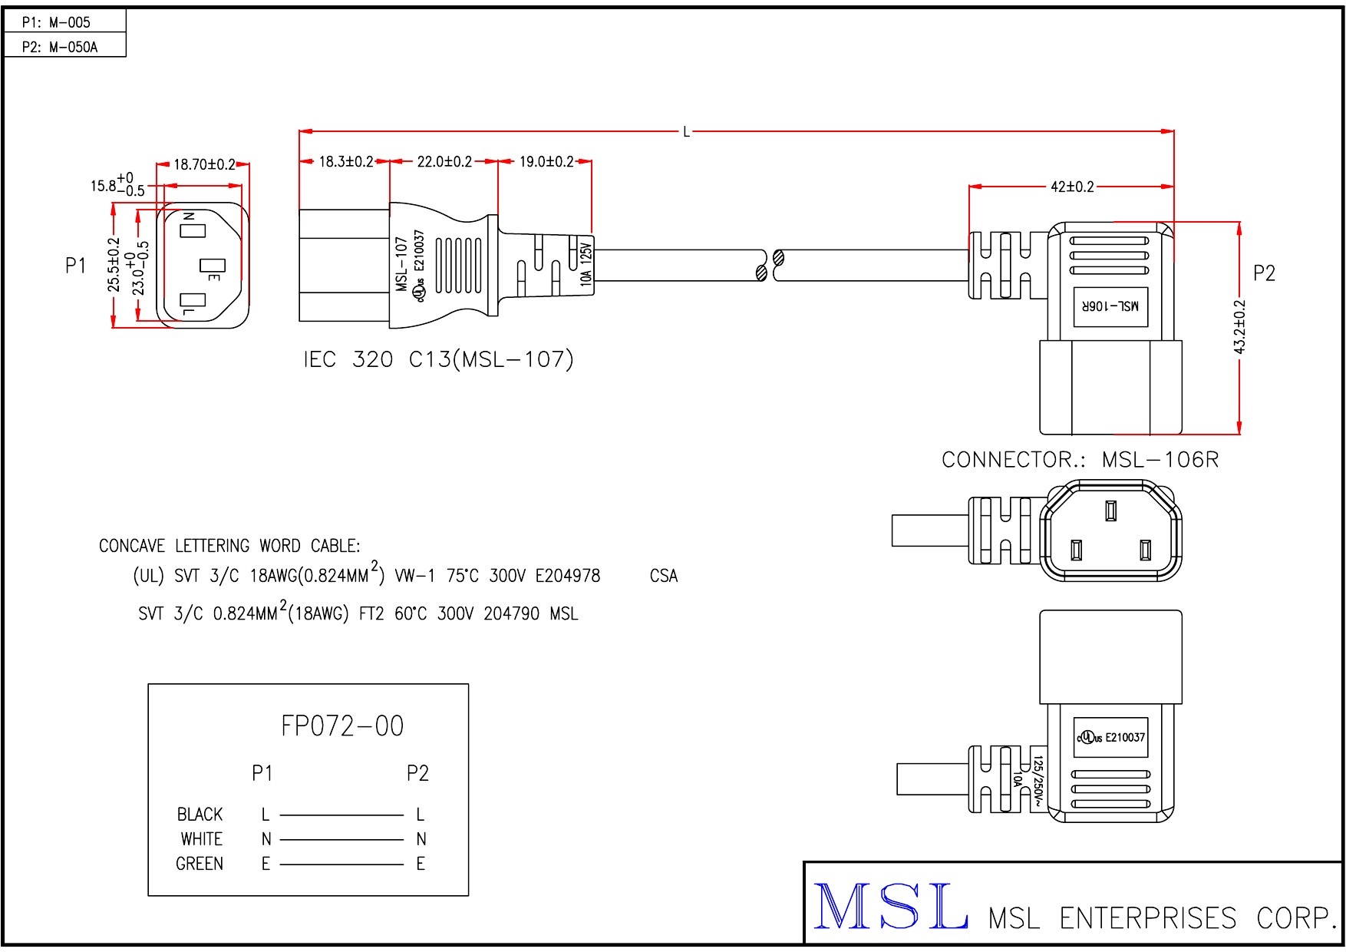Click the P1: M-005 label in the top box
click(x=56, y=22)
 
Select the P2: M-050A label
click(x=60, y=47)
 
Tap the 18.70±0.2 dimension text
click(x=204, y=164)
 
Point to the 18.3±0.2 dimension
click(x=345, y=162)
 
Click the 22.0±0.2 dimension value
click(x=444, y=162)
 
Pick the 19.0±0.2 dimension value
click(x=546, y=162)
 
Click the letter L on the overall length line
click(x=686, y=132)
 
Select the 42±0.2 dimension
click(x=1072, y=187)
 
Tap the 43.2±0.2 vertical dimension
click(x=1240, y=327)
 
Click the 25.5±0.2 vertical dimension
click(x=114, y=264)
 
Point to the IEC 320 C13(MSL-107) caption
click(x=438, y=359)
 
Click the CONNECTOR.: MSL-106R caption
click(x=1080, y=460)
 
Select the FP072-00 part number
click(x=342, y=726)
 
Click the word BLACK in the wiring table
click(x=200, y=815)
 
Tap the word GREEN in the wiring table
click(x=200, y=864)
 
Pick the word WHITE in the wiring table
click(x=201, y=839)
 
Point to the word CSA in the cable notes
click(x=664, y=576)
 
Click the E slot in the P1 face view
click(x=212, y=266)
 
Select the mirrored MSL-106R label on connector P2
click(x=1110, y=306)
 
